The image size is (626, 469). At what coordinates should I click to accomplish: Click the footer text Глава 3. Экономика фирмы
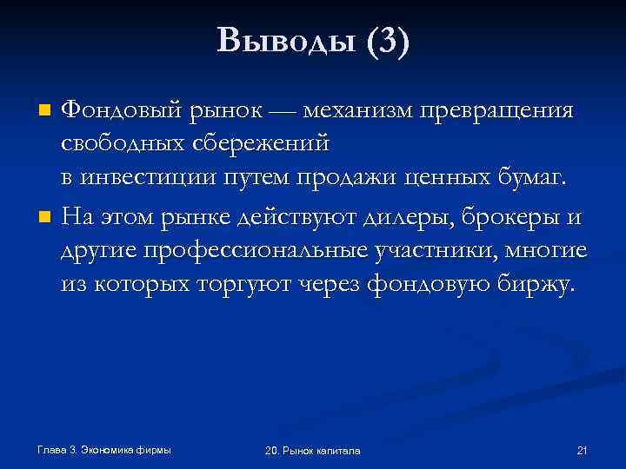[x=104, y=450]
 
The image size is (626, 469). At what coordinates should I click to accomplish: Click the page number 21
[x=582, y=451]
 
